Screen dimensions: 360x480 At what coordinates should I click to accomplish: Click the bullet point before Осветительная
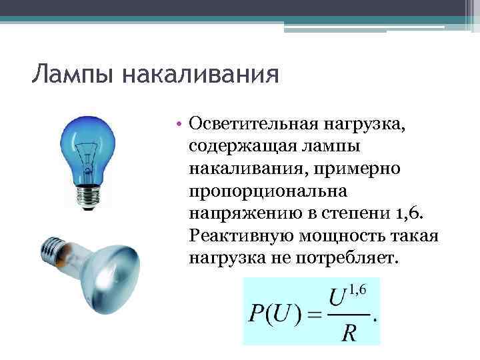click(x=180, y=123)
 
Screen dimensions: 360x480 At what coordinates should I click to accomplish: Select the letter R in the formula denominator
click(x=348, y=331)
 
